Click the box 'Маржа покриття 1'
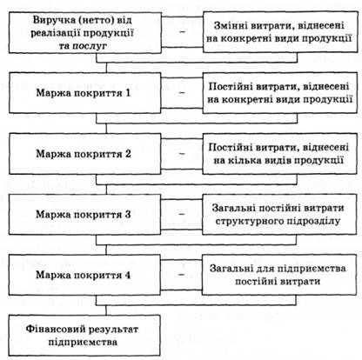pos(84,93)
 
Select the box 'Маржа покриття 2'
pos(84,154)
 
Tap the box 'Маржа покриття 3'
pos(84,214)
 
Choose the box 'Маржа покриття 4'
pos(84,275)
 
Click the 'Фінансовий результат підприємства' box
pos(84,336)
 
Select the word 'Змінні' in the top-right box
pos(231,25)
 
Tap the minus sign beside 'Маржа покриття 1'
pos(182,93)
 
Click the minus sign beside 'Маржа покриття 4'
pos(181,274)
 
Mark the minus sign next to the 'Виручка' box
pos(182,31)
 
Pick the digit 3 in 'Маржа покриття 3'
pos(128,215)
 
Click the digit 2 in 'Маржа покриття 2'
pos(128,154)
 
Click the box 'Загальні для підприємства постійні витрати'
pos(279,275)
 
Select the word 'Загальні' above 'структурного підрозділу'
pos(233,208)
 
